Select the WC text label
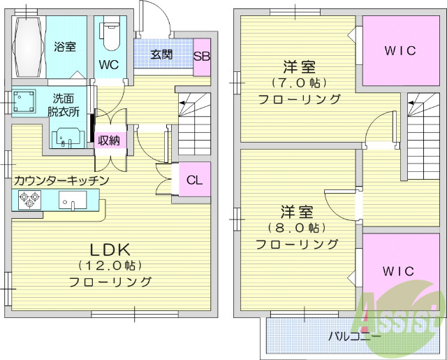pyautogui.click(x=108, y=66)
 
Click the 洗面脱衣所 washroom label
pyautogui.click(x=64, y=104)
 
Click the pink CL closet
pyautogui.click(x=194, y=180)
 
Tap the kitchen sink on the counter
pyautogui.click(x=72, y=202)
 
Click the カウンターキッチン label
pyautogui.click(x=61, y=180)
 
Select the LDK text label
pyautogui.click(x=110, y=249)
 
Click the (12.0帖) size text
pyautogui.click(x=110, y=266)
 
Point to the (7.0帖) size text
pyautogui.click(x=299, y=83)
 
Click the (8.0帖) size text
pyautogui.click(x=296, y=228)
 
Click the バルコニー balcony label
pyautogui.click(x=355, y=336)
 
